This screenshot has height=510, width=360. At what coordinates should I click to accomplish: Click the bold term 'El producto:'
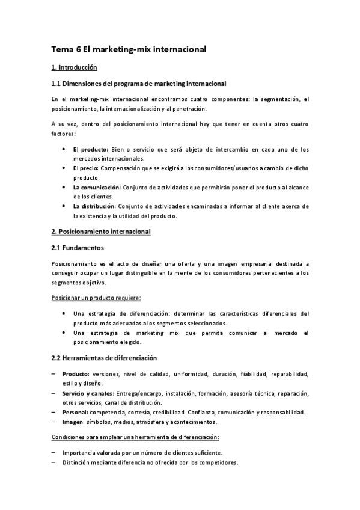90,149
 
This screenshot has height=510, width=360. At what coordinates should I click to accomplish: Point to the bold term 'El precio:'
87,168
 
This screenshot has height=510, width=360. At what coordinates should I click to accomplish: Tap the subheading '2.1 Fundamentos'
78,247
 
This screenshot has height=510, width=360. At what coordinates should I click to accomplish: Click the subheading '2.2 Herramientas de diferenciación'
104,358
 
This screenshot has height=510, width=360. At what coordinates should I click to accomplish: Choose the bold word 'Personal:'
75,412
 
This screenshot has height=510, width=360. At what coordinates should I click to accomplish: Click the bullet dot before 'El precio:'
64,168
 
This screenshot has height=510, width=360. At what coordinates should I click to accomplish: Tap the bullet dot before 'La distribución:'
64,206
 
